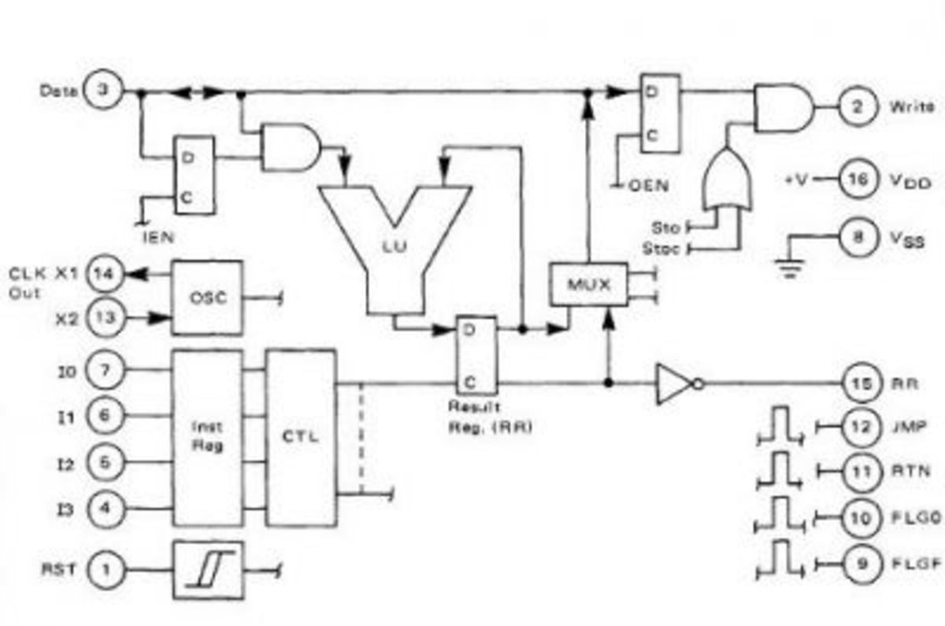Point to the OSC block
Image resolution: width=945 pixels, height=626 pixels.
pyautogui.click(x=209, y=297)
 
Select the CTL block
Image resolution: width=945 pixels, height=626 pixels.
pyautogui.click(x=302, y=437)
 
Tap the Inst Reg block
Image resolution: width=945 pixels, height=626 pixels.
pyautogui.click(x=207, y=437)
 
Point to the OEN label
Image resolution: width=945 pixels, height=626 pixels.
pyautogui.click(x=648, y=186)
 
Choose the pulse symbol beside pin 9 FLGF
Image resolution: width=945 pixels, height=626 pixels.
pyautogui.click(x=780, y=564)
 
